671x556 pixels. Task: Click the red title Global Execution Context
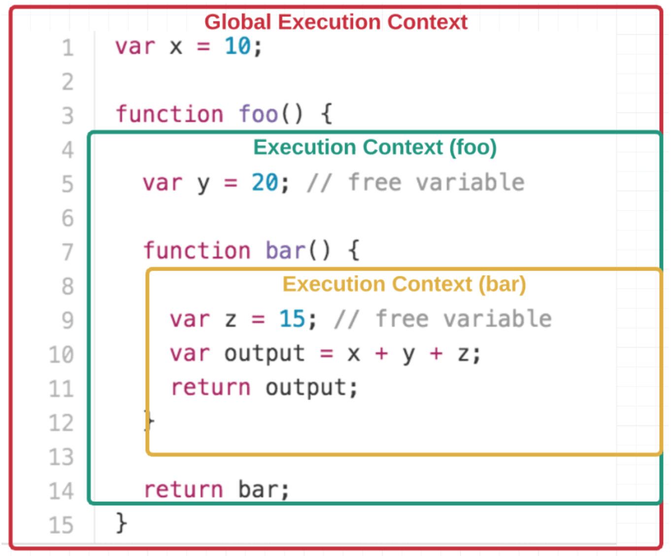click(335, 22)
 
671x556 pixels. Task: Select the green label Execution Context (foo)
click(374, 147)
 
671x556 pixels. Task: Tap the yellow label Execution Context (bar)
click(404, 284)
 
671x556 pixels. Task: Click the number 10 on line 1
click(237, 46)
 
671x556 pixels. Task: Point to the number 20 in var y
click(265, 183)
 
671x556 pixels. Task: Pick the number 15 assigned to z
click(292, 319)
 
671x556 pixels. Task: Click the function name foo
click(258, 114)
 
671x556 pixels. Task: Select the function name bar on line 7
click(285, 251)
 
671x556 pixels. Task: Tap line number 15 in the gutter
click(61, 525)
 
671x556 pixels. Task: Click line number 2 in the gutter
click(67, 82)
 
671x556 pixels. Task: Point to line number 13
click(61, 457)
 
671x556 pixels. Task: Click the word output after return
click(306, 388)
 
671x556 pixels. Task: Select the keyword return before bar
click(183, 490)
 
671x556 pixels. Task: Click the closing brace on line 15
click(121, 523)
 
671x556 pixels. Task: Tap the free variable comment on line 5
click(416, 183)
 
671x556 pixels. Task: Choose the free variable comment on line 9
click(443, 319)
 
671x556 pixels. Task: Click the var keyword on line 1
click(134, 47)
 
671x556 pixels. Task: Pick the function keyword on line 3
click(169, 114)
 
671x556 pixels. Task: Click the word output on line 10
click(265, 354)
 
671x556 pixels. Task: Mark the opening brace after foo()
click(327, 114)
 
